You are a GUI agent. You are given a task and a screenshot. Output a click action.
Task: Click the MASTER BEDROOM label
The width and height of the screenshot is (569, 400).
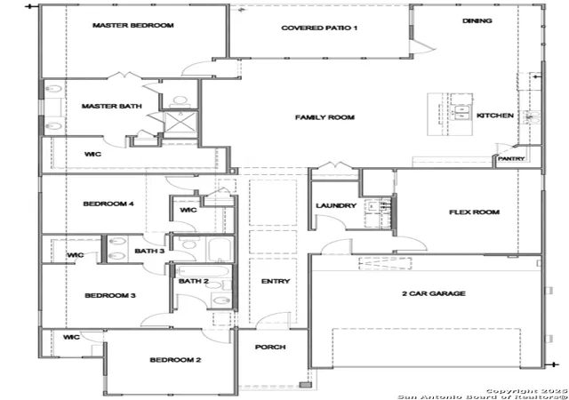coord(132,26)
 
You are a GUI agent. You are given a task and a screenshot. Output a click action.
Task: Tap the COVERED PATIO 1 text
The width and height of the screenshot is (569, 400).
coord(319,28)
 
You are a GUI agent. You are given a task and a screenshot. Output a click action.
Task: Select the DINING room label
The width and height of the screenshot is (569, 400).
coord(477,20)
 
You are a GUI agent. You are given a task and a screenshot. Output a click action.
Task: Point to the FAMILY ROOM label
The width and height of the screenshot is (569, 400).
coord(325,117)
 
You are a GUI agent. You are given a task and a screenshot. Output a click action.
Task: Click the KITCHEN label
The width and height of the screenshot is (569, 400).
coord(495,116)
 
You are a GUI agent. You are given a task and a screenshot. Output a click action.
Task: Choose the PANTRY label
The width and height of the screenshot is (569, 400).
coord(511,158)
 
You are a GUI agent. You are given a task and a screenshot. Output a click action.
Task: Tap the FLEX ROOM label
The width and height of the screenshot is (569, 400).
coord(474,212)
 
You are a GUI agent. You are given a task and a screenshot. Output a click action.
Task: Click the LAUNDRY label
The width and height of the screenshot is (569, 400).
coord(336,206)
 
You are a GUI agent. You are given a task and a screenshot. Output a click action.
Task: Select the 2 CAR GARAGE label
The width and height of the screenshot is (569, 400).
coord(434,293)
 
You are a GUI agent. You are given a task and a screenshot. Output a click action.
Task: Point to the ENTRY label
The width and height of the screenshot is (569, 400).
coord(276,281)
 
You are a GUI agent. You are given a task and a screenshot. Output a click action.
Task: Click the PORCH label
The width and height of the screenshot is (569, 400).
coord(270,347)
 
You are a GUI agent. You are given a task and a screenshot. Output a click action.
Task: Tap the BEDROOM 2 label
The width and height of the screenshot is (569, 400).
coord(175,360)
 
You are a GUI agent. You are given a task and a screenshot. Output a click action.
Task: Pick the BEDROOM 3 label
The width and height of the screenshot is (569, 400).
coord(110,295)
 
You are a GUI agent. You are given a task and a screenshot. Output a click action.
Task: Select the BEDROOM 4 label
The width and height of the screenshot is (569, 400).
coord(108,204)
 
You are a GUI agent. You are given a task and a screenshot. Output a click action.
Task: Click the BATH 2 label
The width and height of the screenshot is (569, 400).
coord(194,281)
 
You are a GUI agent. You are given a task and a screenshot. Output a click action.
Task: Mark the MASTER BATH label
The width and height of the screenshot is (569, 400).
coord(111,106)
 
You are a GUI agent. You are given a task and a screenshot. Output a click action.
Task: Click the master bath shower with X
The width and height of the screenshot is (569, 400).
coord(180,122)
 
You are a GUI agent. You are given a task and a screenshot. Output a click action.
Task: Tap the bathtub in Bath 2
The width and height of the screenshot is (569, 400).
coord(202,271)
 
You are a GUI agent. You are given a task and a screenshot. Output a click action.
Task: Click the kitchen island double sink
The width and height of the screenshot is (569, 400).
coord(461,113)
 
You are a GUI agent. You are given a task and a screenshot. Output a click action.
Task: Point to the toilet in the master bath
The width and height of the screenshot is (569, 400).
coord(180,101)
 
